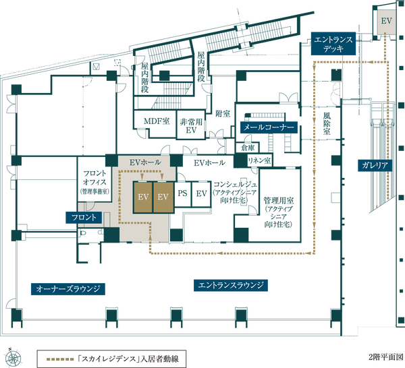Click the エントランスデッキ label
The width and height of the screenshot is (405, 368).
pos(333,44)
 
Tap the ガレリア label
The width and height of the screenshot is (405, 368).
pos(375,165)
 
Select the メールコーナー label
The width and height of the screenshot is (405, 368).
pos(269,127)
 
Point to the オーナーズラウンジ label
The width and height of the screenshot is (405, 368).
pos(68,288)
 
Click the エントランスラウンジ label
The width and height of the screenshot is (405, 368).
pos(231,285)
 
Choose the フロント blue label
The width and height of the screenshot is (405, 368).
pos(84,218)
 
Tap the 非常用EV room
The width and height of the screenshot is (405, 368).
pos(191,126)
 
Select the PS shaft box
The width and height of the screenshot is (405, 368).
pos(183,194)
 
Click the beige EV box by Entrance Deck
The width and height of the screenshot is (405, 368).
pos(386,22)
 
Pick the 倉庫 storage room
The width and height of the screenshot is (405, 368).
pos(248,148)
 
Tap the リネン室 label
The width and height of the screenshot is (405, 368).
pos(259,161)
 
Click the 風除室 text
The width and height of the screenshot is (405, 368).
pos(327,124)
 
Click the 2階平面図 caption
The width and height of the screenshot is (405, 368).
pos(386,357)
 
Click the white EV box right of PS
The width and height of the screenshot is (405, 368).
pos(201,194)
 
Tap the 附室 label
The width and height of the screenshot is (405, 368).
pos(223,114)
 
